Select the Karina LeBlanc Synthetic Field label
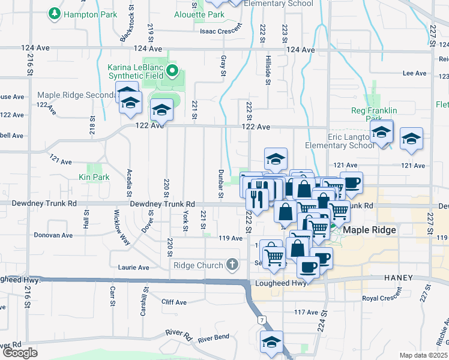[x=135, y=71]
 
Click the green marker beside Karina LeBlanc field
[x=173, y=71]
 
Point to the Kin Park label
[x=94, y=178]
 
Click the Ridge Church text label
[x=199, y=265]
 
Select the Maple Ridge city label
[x=370, y=230]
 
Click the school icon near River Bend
[x=271, y=343]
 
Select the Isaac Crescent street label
[x=221, y=30]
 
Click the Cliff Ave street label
[x=175, y=302]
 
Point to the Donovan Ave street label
[x=53, y=235]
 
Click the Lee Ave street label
[x=414, y=73]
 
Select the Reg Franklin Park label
[x=374, y=115]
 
